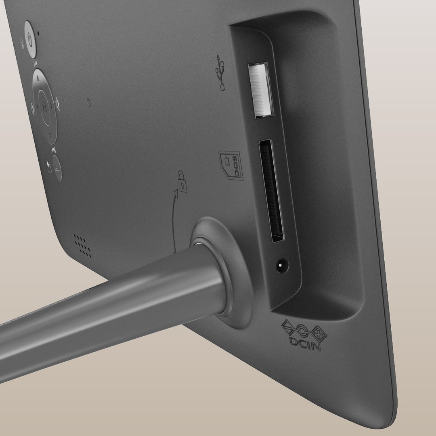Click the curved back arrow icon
(49, 166)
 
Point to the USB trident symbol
(220, 72)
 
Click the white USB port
(261, 90)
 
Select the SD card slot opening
(271, 191)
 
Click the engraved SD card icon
(231, 165)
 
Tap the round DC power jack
(282, 266)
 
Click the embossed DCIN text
(305, 344)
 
